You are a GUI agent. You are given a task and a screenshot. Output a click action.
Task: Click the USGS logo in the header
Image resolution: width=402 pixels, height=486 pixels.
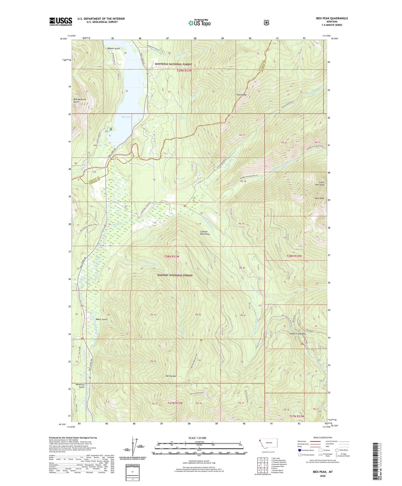61,21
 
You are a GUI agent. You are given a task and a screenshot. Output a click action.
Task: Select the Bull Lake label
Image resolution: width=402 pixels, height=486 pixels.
126,117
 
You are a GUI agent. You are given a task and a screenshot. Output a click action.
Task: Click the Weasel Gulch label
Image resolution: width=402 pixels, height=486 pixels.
114,48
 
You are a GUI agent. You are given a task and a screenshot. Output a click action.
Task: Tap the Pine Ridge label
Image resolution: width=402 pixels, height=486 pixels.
241,95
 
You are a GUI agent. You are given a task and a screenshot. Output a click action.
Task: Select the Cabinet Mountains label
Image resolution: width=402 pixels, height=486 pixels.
205,233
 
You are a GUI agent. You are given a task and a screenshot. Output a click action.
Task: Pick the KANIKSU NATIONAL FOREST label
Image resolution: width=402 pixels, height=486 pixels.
175,275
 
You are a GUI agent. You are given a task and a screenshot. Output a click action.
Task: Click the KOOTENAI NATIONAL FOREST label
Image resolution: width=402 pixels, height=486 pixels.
173,64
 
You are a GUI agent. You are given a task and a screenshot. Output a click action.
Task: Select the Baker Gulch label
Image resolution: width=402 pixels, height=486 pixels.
101,319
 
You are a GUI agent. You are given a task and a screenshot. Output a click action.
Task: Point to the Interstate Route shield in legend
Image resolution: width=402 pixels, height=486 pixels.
299,450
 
